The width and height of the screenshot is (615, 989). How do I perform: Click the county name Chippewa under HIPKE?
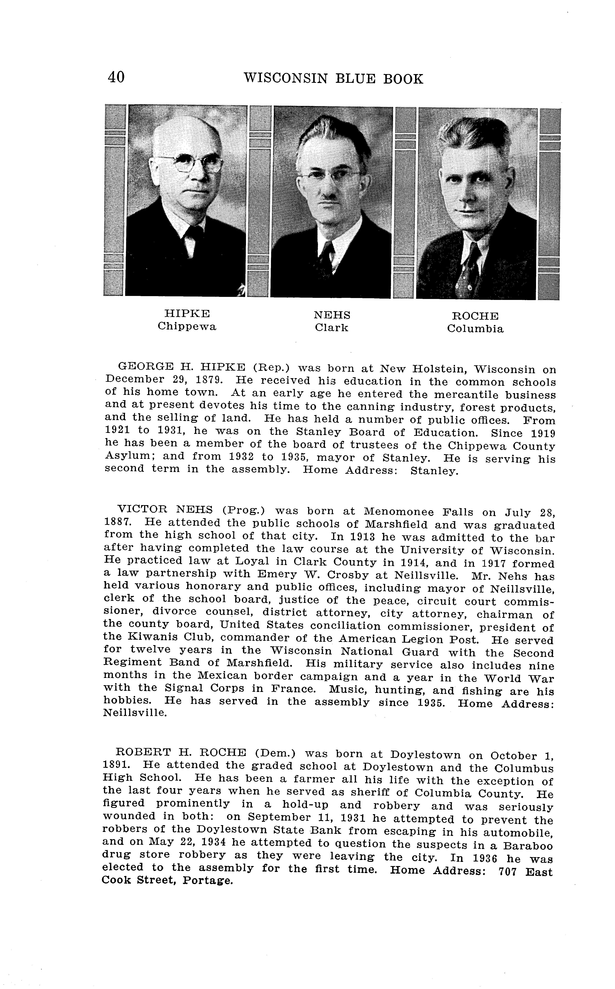click(x=187, y=326)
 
